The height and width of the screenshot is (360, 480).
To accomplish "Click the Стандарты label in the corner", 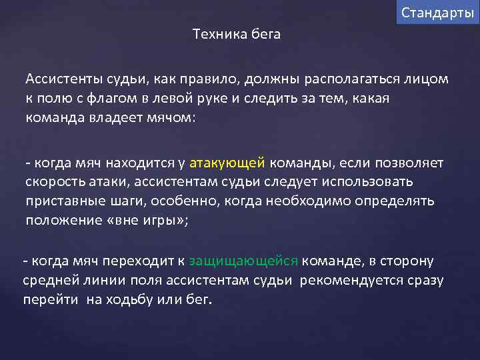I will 438,13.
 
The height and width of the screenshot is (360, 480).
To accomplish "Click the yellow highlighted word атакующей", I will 227,163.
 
